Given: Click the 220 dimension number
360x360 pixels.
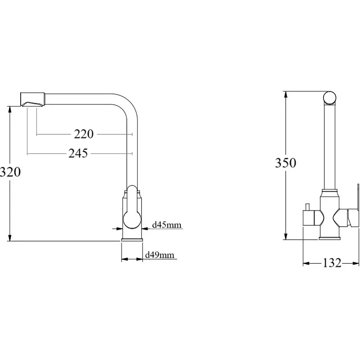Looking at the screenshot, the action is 84,134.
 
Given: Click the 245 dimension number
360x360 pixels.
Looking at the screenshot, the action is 78,153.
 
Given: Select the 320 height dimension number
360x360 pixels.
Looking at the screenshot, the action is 10,172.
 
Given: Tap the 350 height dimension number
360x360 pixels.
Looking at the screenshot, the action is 286,163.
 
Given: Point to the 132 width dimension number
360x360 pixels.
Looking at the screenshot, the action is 332,263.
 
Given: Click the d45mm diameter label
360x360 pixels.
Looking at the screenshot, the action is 166,225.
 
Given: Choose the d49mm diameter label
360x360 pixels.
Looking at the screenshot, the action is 160,255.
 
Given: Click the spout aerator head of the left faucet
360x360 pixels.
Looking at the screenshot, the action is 32,99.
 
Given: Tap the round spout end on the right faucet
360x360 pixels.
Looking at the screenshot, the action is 330,98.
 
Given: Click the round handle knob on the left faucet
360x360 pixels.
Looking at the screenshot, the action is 132,220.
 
